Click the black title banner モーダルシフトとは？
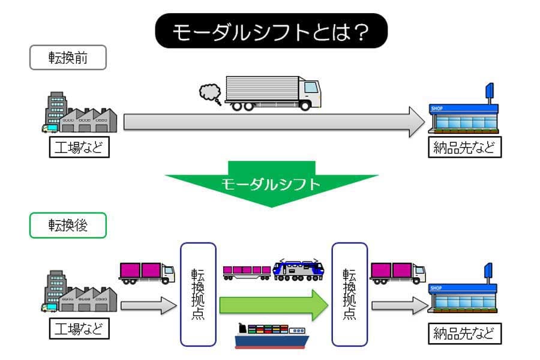[x=271, y=31]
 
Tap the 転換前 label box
[x=68, y=58]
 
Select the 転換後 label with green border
[x=68, y=225]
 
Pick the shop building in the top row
[x=465, y=114]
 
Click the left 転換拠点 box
[x=198, y=294]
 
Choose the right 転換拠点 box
[x=349, y=294]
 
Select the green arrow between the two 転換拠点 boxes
[x=273, y=305]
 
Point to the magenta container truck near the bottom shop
[x=397, y=272]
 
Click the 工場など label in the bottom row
[x=79, y=329]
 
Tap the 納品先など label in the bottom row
[x=465, y=333]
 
